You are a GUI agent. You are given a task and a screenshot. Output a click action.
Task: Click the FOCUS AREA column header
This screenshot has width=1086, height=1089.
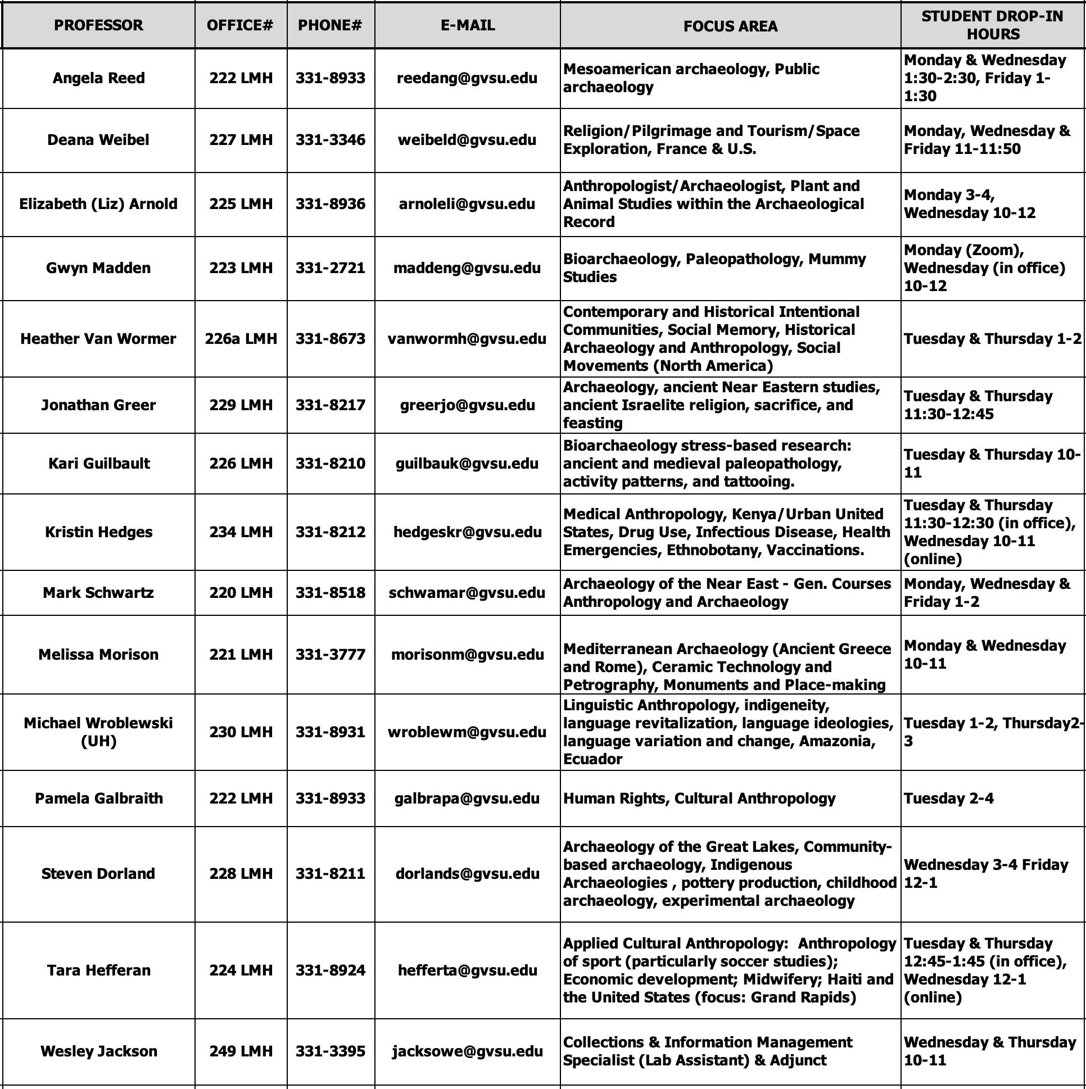730,26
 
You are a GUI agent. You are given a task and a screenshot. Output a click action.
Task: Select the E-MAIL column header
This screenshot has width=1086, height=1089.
468,25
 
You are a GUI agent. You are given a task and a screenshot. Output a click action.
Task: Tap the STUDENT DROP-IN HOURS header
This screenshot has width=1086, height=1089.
992,25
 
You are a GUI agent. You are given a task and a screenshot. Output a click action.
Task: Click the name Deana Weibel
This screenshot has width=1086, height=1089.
98,140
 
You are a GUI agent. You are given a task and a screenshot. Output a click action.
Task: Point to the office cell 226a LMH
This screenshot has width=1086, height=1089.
241,339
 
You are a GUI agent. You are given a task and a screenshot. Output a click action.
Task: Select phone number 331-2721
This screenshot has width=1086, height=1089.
331,267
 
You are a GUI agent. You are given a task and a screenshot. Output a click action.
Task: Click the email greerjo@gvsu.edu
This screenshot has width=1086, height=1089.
468,405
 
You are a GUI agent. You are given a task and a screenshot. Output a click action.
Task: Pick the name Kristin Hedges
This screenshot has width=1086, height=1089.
99,532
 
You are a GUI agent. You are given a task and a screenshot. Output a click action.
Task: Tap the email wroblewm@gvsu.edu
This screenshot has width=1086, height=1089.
467,732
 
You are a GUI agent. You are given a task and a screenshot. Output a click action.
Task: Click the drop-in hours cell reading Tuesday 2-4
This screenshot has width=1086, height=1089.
948,798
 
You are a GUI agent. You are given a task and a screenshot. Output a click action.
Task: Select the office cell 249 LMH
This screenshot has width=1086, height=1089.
241,1051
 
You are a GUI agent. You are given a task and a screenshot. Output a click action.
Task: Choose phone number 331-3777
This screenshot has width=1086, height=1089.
331,655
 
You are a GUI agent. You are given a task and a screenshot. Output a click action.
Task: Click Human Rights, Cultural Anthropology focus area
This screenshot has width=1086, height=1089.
699,798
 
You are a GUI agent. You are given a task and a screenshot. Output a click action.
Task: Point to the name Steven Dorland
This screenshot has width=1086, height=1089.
98,874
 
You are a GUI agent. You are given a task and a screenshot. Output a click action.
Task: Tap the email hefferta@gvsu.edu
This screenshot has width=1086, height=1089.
468,970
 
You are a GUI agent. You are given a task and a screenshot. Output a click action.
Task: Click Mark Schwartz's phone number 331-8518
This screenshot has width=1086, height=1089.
331,593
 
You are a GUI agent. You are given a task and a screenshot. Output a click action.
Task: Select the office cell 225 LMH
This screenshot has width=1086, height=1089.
241,204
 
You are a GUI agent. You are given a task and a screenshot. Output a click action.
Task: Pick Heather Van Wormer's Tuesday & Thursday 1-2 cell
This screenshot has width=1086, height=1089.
992,339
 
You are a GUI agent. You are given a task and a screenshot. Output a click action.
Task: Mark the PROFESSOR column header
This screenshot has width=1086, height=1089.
98,25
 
